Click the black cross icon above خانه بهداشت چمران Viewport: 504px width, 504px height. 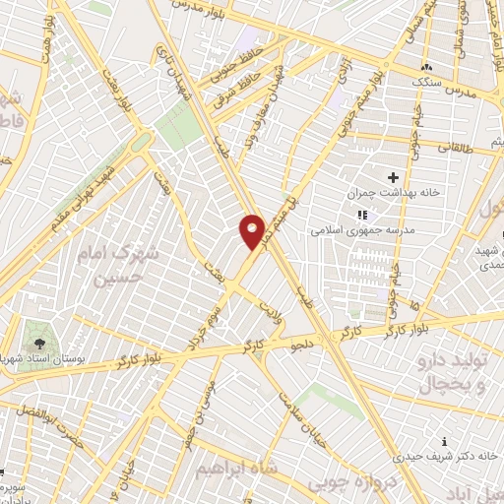point(394,177)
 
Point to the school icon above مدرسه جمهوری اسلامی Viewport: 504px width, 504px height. point(362,214)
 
